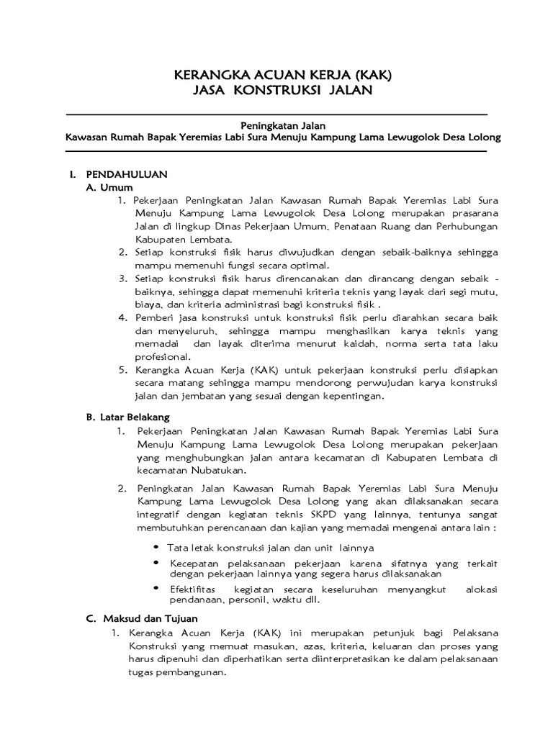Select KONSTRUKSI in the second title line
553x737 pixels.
275,90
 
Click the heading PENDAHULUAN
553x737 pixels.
127,174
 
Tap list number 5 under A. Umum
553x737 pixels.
122,370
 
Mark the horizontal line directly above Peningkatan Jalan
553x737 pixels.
276,114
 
